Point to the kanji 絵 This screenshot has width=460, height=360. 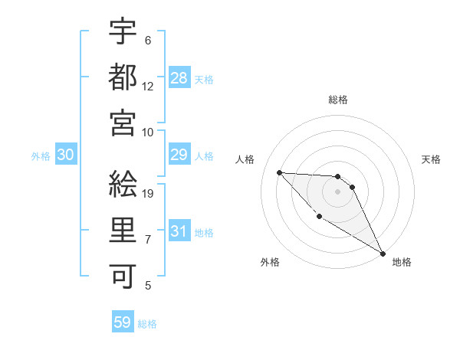(x=123, y=185)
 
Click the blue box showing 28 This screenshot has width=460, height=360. (x=179, y=77)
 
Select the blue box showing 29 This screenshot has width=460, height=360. (x=179, y=155)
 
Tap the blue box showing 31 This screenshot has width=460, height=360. (x=179, y=231)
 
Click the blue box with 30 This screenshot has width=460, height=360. (x=66, y=155)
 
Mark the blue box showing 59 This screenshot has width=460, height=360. (x=123, y=322)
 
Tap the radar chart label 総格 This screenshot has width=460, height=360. (x=338, y=100)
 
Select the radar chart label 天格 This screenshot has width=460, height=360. (x=431, y=159)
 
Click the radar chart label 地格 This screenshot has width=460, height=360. (x=402, y=262)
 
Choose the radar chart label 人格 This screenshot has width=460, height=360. (x=245, y=159)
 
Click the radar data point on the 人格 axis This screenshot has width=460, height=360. (x=280, y=172)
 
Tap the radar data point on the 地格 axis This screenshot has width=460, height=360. (x=383, y=254)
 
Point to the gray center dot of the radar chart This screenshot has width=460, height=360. (x=338, y=191)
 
